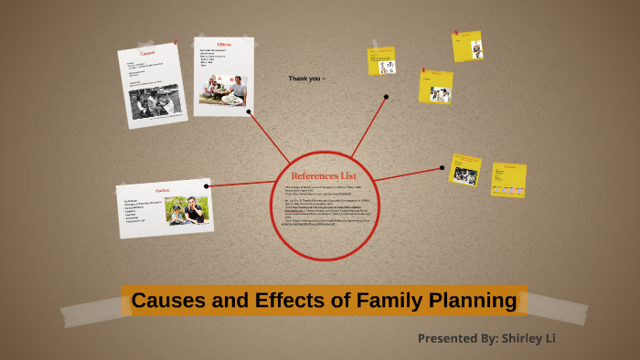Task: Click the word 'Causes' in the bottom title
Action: (x=165, y=301)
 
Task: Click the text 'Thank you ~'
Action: (x=306, y=79)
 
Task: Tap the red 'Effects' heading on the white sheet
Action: (x=225, y=45)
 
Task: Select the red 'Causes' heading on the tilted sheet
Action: (x=147, y=54)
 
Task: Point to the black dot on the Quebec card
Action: (x=207, y=186)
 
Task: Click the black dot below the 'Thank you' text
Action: (x=387, y=96)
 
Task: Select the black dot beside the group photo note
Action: (x=443, y=168)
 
